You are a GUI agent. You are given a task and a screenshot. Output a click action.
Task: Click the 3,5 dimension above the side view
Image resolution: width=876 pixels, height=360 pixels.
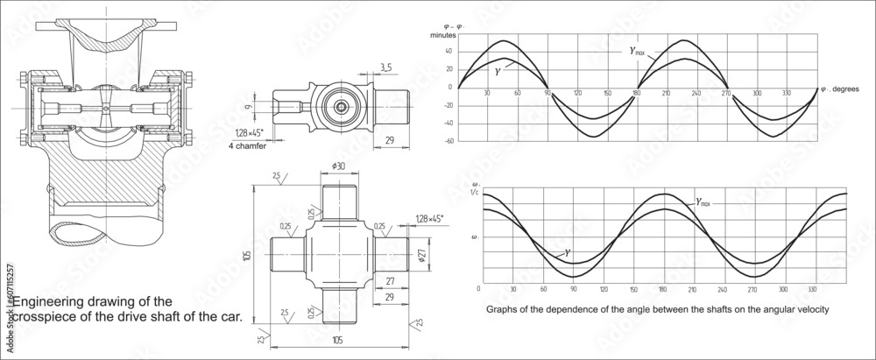coord(386,66)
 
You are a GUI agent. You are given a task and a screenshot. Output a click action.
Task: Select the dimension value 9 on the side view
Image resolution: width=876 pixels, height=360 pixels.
coord(248,108)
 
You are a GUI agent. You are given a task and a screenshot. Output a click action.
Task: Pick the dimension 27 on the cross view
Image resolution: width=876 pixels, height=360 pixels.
coord(389,282)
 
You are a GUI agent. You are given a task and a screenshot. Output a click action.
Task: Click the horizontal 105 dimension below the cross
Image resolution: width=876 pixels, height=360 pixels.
coord(337,339)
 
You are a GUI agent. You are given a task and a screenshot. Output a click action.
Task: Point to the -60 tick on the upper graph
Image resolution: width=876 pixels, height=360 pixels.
coord(449,141)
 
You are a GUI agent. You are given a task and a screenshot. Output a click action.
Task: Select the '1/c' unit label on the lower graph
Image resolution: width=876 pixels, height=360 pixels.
coord(476,193)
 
